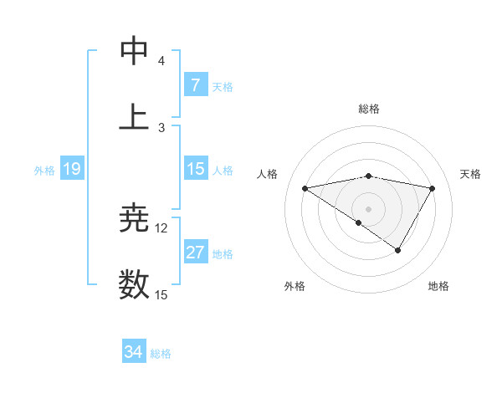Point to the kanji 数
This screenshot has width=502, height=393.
(x=135, y=284)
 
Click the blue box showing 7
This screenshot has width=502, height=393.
(x=195, y=84)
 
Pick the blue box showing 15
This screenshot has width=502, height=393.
(x=195, y=169)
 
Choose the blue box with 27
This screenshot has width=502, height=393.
(x=195, y=253)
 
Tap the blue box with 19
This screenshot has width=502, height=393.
(x=71, y=169)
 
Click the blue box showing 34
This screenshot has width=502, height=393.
(x=134, y=352)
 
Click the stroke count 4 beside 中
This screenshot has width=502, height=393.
(x=161, y=61)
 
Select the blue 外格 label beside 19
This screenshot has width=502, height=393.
(x=44, y=170)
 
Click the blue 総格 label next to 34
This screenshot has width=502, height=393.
(x=161, y=354)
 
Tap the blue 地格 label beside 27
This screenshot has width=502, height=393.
(x=223, y=253)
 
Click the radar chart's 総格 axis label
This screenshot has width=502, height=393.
(x=368, y=109)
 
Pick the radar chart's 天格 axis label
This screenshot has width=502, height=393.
(x=471, y=174)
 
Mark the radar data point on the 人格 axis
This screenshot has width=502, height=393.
(x=305, y=188)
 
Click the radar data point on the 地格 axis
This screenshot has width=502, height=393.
(x=398, y=250)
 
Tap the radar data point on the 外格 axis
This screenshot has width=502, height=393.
(x=359, y=222)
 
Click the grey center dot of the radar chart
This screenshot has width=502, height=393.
(x=368, y=208)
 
